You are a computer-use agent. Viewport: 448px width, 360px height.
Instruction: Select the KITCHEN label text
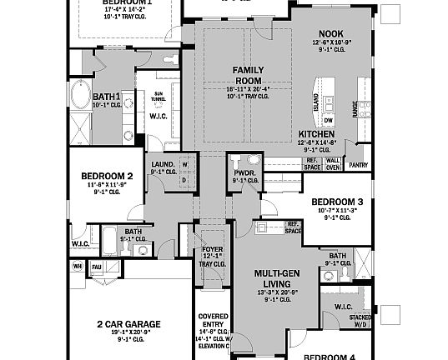pyautogui.click(x=316, y=133)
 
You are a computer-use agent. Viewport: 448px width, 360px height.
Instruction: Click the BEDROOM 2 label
pyautogui.click(x=107, y=176)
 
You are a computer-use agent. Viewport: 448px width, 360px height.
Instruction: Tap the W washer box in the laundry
pyautogui.click(x=185, y=165)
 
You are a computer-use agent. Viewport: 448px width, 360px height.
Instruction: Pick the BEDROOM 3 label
pyautogui.click(x=336, y=202)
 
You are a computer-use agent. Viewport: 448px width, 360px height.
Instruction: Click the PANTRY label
pyautogui.click(x=358, y=165)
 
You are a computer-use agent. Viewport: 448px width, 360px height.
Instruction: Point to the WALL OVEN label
pyautogui.click(x=332, y=163)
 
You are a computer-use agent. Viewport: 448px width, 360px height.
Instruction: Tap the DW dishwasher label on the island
pyautogui.click(x=329, y=119)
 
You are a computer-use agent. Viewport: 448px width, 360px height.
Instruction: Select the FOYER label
pyautogui.click(x=213, y=249)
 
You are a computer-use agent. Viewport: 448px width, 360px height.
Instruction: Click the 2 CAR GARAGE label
pyautogui.click(x=128, y=323)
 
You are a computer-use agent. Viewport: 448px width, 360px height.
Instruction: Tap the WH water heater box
pyautogui.click(x=78, y=267)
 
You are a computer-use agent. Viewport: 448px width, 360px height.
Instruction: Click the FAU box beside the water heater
pyautogui.click(x=96, y=267)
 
